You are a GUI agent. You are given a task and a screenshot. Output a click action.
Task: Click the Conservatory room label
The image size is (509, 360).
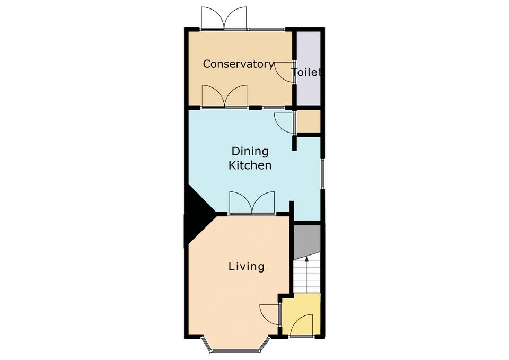click(x=238, y=64)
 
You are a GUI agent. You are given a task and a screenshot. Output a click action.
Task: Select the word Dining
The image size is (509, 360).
click(x=250, y=151)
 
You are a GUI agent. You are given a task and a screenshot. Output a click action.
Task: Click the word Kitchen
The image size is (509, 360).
click(x=250, y=165)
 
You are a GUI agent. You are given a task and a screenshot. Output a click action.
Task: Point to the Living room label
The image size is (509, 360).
click(x=247, y=267)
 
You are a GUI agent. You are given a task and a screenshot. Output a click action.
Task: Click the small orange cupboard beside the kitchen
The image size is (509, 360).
click(x=309, y=121)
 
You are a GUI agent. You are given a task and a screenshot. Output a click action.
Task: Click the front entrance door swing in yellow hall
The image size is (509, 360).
click(x=302, y=324)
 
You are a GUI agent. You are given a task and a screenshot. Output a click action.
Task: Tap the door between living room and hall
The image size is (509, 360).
click(x=269, y=314)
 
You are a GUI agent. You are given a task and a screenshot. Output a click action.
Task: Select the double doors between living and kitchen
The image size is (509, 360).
click(x=252, y=203)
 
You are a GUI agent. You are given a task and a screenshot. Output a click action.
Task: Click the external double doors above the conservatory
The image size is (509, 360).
click(x=224, y=18)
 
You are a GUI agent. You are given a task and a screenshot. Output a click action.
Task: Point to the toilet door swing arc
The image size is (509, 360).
click(x=284, y=72)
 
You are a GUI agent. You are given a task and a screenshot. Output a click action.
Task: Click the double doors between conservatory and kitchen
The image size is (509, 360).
click(x=224, y=96)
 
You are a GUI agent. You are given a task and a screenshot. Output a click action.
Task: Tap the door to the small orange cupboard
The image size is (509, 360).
click(x=284, y=122)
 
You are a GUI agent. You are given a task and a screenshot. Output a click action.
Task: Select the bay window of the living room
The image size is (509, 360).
click(x=236, y=344)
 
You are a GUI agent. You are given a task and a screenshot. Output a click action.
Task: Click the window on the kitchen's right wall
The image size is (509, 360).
click(x=323, y=173)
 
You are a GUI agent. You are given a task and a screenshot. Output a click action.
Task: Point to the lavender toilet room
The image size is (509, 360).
click(x=309, y=68)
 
